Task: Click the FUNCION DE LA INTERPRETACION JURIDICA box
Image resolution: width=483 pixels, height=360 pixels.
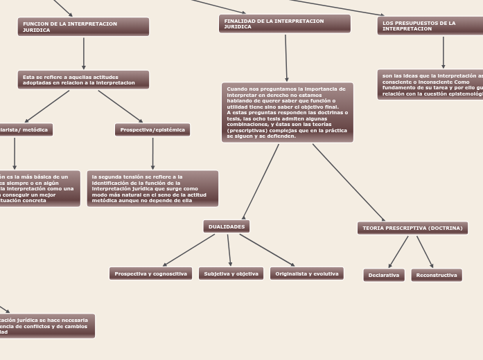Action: (83, 27)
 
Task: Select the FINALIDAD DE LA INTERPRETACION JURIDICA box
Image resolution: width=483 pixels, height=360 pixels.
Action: (284, 24)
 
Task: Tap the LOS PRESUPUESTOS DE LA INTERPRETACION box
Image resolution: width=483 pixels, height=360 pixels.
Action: (430, 26)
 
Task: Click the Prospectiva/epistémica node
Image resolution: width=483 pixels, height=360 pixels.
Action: (152, 129)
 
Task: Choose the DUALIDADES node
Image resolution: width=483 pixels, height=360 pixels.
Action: (227, 226)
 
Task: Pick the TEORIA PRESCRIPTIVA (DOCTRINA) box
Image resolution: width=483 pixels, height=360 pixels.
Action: (412, 228)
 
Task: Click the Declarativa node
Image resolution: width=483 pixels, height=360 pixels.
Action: (384, 275)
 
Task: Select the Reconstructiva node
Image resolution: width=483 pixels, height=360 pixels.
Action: (437, 275)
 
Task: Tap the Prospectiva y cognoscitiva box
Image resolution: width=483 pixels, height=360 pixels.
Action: (150, 273)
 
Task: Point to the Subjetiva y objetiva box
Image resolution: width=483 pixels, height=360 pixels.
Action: (231, 273)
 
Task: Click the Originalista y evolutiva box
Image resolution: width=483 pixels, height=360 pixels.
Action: (307, 273)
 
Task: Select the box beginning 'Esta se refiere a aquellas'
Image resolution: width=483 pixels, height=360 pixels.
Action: (83, 80)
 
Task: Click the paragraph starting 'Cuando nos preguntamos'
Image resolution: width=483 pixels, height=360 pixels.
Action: (288, 112)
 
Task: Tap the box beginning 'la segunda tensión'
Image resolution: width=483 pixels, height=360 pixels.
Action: (152, 188)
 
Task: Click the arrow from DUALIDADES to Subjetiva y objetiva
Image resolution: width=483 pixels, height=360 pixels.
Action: (229, 250)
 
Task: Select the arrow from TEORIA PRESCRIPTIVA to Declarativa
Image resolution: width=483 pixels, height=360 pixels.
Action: (398, 251)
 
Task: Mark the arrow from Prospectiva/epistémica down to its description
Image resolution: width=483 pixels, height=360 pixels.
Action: (152, 153)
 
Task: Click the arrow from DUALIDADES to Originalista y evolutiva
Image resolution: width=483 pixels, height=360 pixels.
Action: (267, 250)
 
